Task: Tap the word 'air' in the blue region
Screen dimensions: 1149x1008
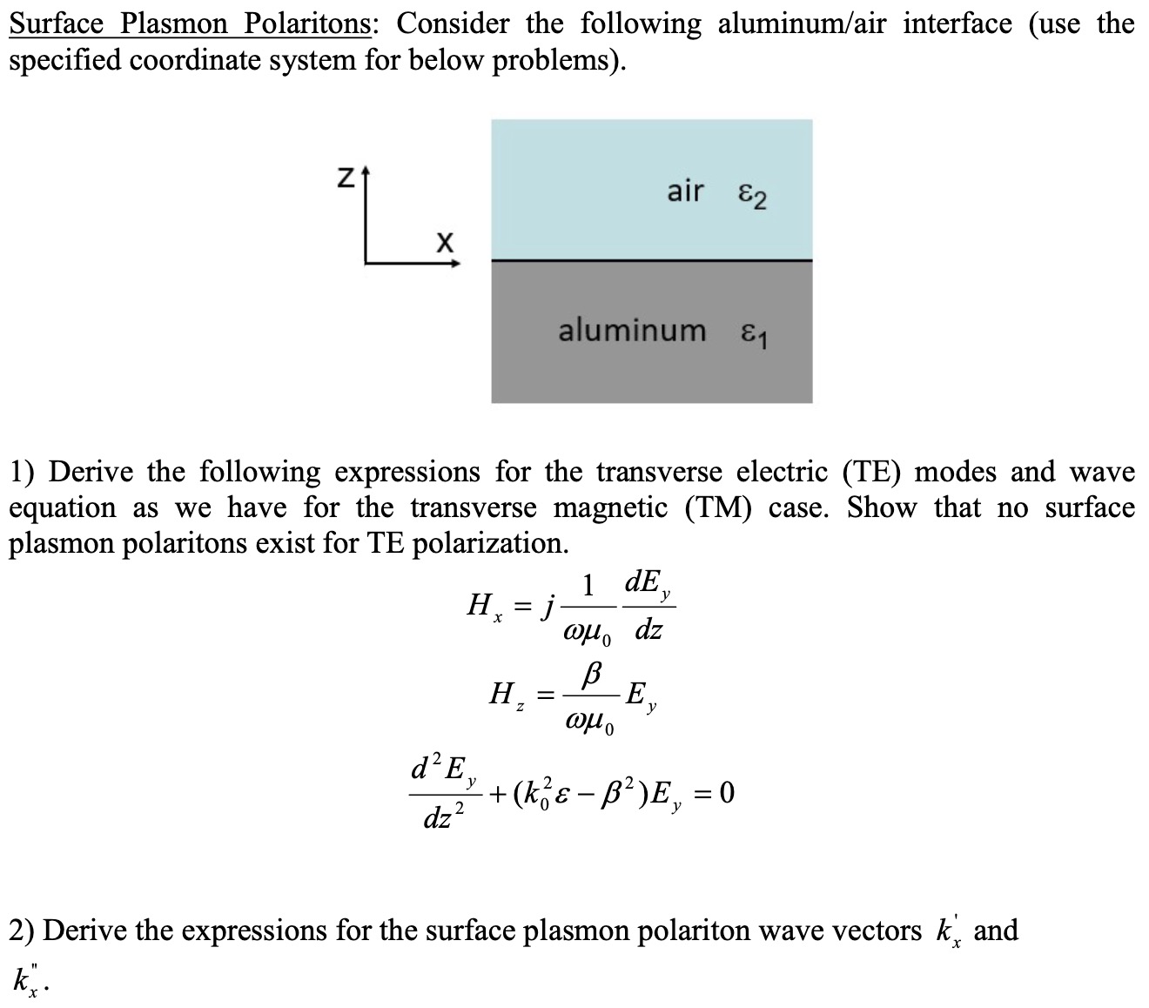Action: pos(685,191)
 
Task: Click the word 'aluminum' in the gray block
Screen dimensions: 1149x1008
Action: pos(632,331)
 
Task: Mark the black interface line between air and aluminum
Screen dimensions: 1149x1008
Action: pos(651,260)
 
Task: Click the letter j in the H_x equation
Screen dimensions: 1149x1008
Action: pos(547,603)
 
